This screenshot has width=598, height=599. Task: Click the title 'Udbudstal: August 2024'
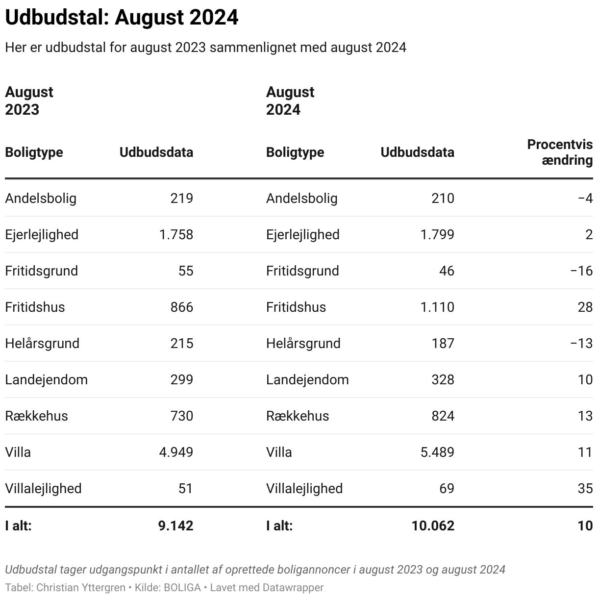[122, 18]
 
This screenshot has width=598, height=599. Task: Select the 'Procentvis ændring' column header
[560, 152]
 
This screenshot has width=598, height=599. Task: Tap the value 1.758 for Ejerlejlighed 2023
[176, 235]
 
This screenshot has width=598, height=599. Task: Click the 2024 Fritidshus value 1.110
[437, 307]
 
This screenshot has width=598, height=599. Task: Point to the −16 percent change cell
[582, 271]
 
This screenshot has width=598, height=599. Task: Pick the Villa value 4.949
[176, 452]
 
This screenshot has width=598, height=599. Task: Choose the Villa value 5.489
[437, 452]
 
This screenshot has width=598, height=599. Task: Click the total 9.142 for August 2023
[176, 526]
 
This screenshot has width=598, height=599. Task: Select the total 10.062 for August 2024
[433, 526]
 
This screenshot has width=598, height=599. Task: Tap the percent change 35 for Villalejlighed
[585, 489]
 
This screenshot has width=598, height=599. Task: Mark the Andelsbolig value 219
[182, 199]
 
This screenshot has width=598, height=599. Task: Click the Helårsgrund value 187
[443, 344]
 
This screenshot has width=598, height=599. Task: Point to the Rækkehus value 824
[443, 416]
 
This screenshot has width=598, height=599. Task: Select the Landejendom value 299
[182, 380]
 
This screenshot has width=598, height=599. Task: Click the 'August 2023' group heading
[29, 101]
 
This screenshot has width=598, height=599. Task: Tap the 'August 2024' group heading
[290, 101]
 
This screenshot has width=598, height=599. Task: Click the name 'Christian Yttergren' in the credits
[81, 587]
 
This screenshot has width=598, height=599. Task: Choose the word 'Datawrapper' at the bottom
[293, 587]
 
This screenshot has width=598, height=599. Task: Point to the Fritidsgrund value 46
[447, 271]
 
